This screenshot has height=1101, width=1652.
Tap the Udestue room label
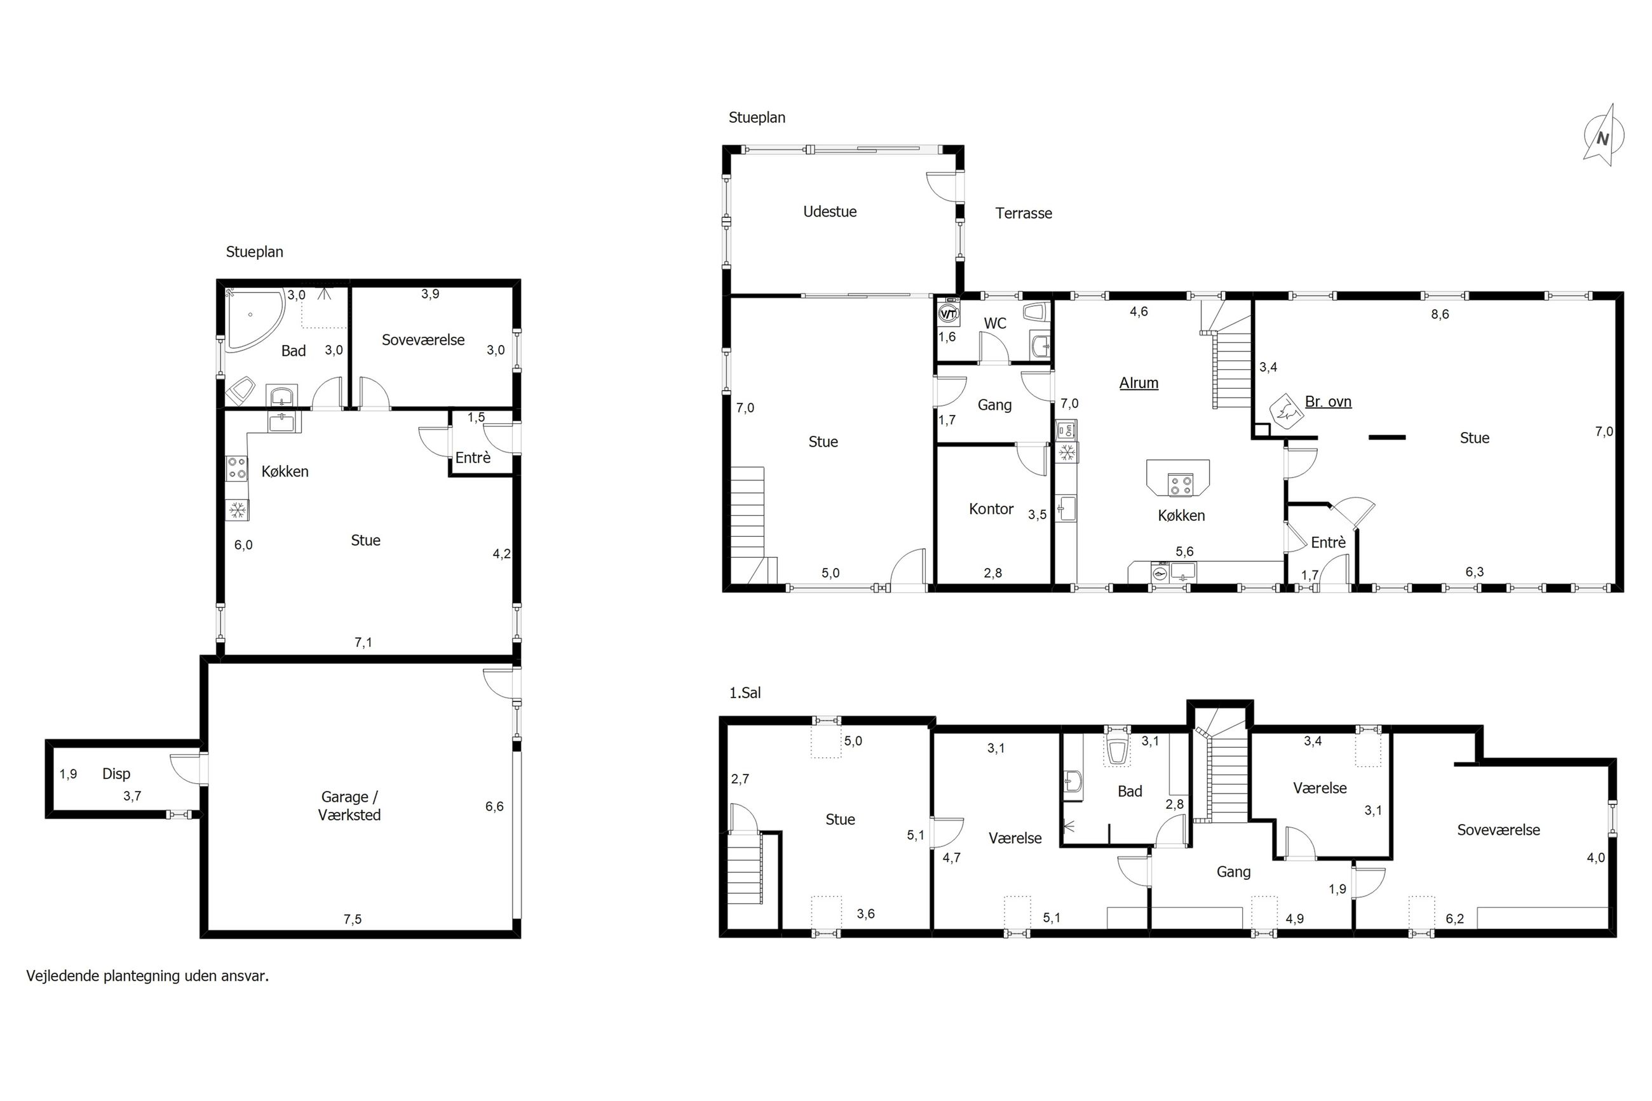(829, 212)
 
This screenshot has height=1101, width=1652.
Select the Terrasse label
(1023, 213)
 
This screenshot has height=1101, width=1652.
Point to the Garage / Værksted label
(349, 806)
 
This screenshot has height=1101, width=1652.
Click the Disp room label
(116, 773)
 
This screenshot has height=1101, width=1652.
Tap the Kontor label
(991, 508)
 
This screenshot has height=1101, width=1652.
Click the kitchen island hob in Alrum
(1180, 485)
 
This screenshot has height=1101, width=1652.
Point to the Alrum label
(1138, 382)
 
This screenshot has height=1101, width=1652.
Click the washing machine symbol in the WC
(949, 314)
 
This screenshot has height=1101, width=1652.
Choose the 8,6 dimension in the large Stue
(1439, 314)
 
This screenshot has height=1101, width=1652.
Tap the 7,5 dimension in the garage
(353, 919)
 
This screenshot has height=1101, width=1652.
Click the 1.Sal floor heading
(744, 692)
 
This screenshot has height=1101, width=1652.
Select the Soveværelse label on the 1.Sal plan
(1498, 829)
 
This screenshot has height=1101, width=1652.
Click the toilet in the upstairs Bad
(1117, 750)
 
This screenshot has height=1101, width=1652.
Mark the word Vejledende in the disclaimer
(62, 975)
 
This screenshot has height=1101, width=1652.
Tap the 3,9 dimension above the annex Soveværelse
(430, 294)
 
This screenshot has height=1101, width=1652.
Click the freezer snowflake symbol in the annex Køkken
(237, 509)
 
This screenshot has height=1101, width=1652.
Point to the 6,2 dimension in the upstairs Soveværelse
(1455, 919)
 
